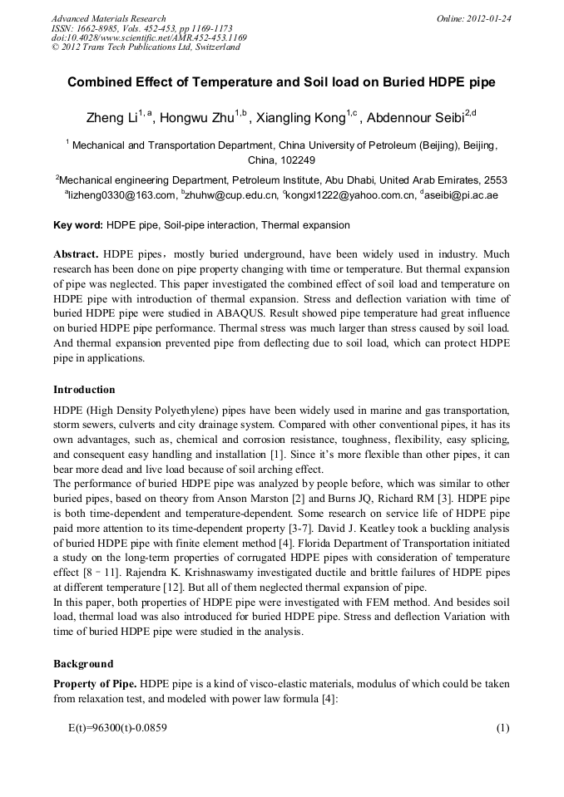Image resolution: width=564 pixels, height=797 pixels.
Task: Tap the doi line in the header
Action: tap(149, 37)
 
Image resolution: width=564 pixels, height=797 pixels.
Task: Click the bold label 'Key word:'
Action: tap(78, 225)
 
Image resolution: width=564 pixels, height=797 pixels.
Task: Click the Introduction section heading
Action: tap(84, 389)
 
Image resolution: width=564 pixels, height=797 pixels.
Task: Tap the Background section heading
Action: tap(83, 664)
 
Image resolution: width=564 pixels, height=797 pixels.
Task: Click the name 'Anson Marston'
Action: tap(278, 497)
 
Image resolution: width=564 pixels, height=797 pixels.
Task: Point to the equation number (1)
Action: tap(502, 728)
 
